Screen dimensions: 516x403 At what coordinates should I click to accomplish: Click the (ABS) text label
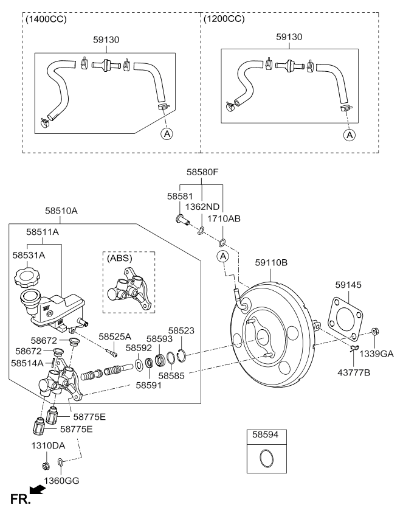119,258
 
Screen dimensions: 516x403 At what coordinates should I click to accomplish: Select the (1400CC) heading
46,19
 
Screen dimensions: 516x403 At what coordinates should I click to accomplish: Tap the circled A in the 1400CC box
166,133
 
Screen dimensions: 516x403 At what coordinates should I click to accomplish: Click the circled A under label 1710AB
223,256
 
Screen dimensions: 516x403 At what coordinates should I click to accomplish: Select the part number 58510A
61,212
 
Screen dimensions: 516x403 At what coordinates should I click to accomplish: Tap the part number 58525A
115,336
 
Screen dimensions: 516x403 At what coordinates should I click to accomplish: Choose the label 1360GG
61,481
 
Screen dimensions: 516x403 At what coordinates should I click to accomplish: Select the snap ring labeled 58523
181,356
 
